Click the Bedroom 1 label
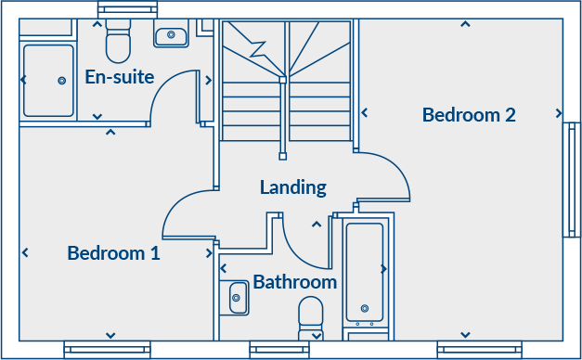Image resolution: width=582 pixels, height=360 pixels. (x=113, y=252)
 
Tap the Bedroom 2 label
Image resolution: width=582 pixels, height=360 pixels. (x=468, y=115)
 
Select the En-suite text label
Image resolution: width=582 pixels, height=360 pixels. (x=119, y=76)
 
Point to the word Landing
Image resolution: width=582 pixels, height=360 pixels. (x=292, y=187)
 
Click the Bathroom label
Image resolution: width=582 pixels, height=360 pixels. (x=294, y=281)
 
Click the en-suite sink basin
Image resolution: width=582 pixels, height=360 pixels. (x=171, y=37)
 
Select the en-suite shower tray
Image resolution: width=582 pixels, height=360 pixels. (x=48, y=80)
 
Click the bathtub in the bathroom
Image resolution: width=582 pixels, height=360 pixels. (x=365, y=271)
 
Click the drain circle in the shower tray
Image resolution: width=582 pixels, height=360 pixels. (x=62, y=81)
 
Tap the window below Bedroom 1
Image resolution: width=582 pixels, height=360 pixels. (x=107, y=350)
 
